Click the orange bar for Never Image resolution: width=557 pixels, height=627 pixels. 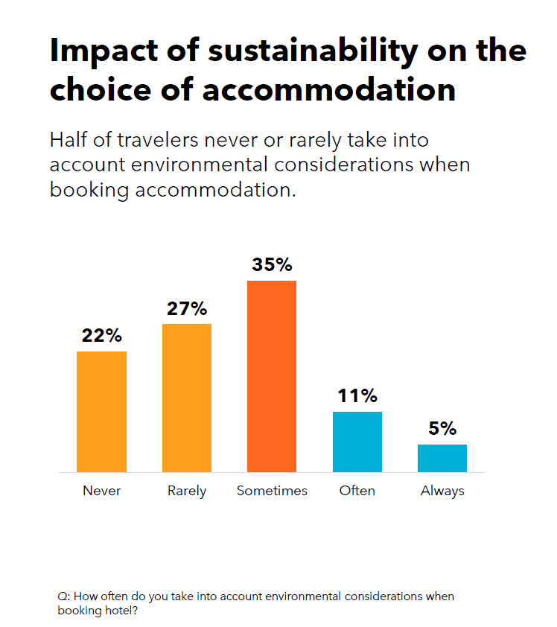101,412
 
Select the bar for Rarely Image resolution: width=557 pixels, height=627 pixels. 187,398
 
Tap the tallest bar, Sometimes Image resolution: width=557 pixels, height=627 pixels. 272,376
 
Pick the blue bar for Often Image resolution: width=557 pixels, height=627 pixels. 357,442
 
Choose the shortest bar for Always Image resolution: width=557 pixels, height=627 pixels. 442,458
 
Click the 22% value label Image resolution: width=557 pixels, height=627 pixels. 102,336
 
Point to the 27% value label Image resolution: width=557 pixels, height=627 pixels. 187,308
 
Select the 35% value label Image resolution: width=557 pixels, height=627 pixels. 272,265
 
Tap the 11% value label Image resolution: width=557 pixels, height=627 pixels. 357,396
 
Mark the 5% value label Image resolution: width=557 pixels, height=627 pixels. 442,429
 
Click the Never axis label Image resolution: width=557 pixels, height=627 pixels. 101,491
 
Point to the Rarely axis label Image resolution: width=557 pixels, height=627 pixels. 187,491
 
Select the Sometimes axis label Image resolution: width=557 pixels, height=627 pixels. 272,491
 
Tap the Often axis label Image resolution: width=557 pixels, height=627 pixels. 357,491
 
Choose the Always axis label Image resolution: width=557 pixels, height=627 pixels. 442,491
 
